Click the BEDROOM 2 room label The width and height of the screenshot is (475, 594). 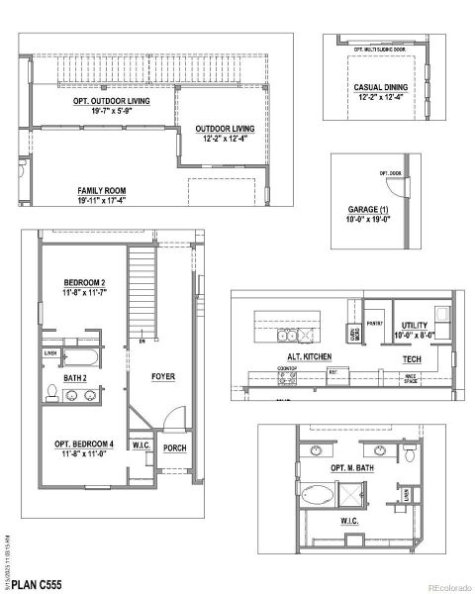coord(83,283)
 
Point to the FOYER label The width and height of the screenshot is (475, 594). coord(163,377)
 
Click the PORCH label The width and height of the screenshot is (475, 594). coord(175,446)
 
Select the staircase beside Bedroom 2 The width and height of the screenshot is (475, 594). coord(142,292)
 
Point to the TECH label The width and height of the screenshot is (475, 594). coord(413,358)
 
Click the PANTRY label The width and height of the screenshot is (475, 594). coord(374,323)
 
